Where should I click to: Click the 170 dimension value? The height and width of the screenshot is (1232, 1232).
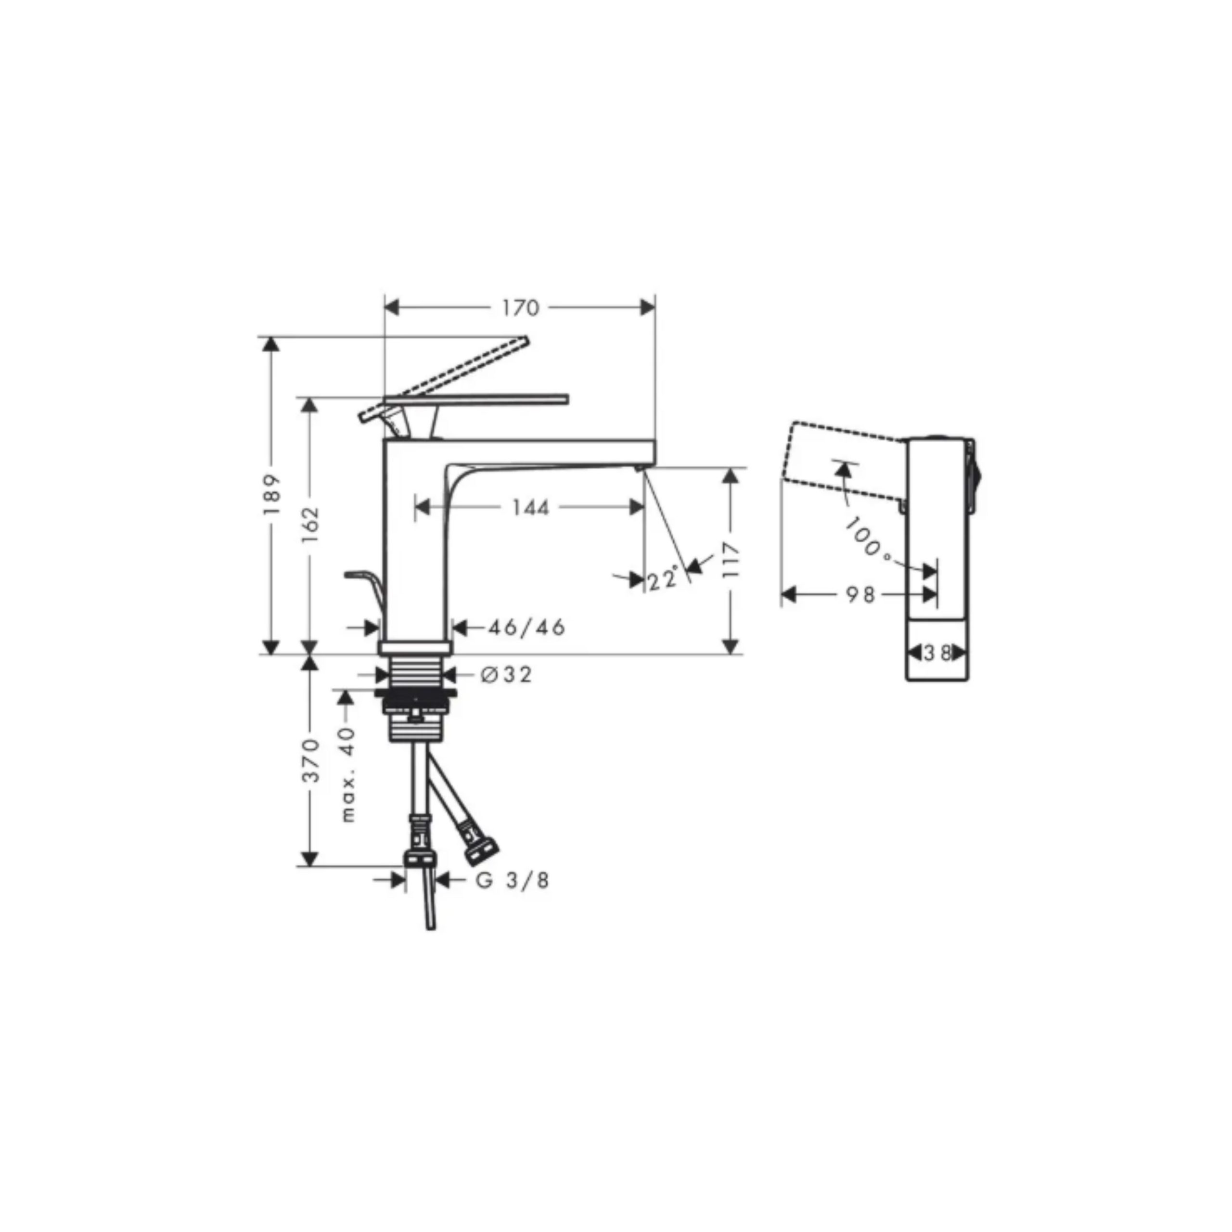click(x=520, y=308)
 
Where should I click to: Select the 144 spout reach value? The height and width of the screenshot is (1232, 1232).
click(x=530, y=508)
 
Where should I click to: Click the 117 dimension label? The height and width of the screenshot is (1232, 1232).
click(x=731, y=560)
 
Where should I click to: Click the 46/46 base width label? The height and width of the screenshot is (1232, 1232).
click(x=526, y=628)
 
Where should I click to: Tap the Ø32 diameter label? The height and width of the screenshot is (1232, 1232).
click(x=506, y=674)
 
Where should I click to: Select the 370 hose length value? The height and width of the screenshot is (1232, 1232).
click(x=310, y=760)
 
